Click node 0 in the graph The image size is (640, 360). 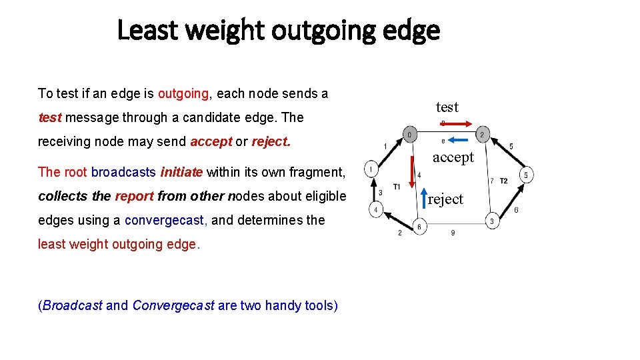pos(409,134)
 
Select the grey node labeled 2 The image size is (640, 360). pos(482,134)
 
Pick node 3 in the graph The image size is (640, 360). pos(492,221)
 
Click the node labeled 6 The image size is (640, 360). pos(419,226)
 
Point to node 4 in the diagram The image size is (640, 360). pos(376,211)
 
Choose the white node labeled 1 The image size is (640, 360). pos(370,169)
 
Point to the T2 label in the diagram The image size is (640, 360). pos(503,181)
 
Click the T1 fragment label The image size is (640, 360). pos(397,186)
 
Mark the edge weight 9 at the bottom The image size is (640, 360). pos(453,233)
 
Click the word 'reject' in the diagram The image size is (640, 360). pos(445,199)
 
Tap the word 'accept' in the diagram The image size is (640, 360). pos(453,157)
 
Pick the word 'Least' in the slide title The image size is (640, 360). pos(147,31)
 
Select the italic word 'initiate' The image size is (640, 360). pos(181,172)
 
